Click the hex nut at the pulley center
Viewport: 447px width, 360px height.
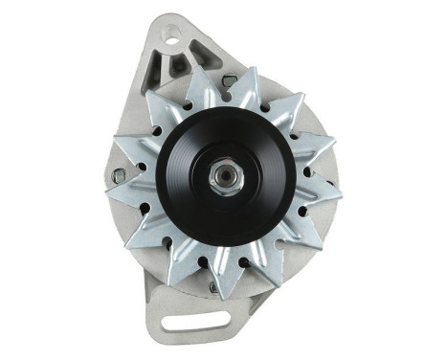pos(222,178)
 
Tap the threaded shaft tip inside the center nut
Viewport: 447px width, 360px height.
pos(222,178)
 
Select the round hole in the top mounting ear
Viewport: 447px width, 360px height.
pos(172,39)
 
